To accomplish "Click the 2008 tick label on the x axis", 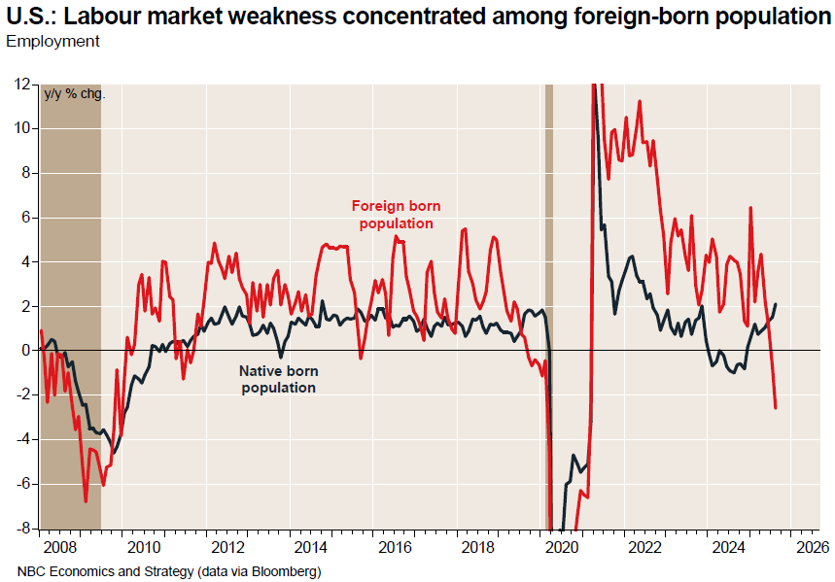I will point(60,546).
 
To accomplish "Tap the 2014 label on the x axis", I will point(310,546).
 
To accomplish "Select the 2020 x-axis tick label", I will point(562,546).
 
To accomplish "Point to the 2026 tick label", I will point(813,546).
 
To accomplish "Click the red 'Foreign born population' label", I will point(396,215).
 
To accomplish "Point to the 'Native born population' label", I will point(278,379).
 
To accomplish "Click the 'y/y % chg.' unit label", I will point(75,94).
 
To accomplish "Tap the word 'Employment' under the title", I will point(52,41).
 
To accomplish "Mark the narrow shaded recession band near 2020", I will point(548,291).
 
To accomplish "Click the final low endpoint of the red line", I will point(776,408).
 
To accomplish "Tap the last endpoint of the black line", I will point(776,304).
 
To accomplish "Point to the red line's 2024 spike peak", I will point(749,208).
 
